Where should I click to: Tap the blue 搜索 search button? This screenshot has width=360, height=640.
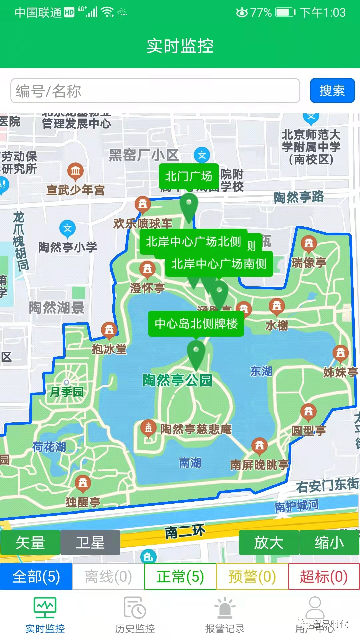pyautogui.click(x=332, y=91)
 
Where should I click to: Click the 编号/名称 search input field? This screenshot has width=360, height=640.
pyautogui.click(x=155, y=91)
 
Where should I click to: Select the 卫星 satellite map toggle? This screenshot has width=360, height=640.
pyautogui.click(x=90, y=542)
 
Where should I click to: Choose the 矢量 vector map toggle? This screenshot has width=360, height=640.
pyautogui.click(x=30, y=542)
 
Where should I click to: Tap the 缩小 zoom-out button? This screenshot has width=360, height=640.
pyautogui.click(x=329, y=542)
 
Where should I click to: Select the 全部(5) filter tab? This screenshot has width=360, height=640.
pyautogui.click(x=36, y=577)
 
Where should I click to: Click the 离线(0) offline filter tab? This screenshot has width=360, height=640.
pyautogui.click(x=108, y=577)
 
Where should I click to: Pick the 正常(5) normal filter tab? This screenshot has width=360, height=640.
pyautogui.click(x=180, y=577)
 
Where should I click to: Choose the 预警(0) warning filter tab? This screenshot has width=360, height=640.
pyautogui.click(x=252, y=577)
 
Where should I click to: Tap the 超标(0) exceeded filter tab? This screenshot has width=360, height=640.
pyautogui.click(x=324, y=577)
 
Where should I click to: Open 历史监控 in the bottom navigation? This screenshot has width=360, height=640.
pyautogui.click(x=135, y=615)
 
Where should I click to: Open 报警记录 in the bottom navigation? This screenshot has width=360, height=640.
pyautogui.click(x=225, y=615)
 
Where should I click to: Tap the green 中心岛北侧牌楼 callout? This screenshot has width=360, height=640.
pyautogui.click(x=196, y=324)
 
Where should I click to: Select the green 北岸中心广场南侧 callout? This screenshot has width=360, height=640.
pyautogui.click(x=219, y=264)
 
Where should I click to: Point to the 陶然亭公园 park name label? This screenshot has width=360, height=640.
pyautogui.click(x=177, y=380)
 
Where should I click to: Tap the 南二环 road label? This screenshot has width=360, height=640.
pyautogui.click(x=185, y=531)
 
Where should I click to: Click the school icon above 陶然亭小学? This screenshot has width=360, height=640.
pyautogui.click(x=68, y=228)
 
